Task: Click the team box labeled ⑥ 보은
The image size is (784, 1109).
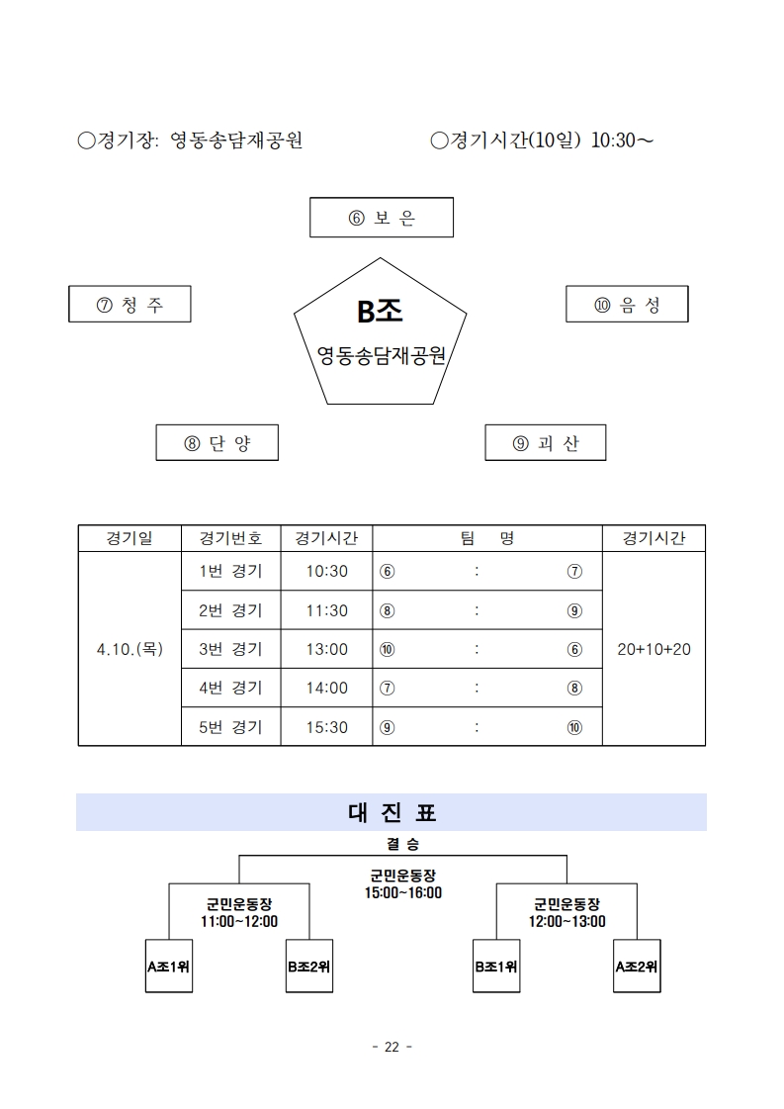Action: point(381,217)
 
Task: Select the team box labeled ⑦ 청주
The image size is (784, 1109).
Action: point(130,304)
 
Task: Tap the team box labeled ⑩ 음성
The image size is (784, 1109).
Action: point(627,304)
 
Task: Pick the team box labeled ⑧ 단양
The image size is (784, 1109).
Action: point(218,443)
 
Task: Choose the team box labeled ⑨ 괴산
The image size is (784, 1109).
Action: point(545,443)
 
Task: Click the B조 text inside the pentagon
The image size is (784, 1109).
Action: point(380,312)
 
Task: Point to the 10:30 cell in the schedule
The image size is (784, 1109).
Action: point(326,571)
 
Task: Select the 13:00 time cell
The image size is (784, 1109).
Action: point(326,649)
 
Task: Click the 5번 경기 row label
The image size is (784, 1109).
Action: point(230,727)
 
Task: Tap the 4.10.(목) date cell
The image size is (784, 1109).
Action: point(130,649)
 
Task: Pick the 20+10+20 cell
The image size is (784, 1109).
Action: point(653,649)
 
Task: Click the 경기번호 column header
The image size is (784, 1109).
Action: point(230,538)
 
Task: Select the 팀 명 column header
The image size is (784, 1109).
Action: point(487,538)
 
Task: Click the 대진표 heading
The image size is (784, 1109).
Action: point(392,812)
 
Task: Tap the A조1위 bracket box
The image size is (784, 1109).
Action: point(169,967)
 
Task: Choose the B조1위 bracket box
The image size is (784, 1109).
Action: point(496,967)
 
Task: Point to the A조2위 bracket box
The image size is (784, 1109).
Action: point(637,967)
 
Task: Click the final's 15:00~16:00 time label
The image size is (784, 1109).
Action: point(403,893)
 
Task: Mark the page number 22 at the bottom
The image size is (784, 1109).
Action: point(392,1047)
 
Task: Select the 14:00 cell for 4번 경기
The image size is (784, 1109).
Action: point(326,688)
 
